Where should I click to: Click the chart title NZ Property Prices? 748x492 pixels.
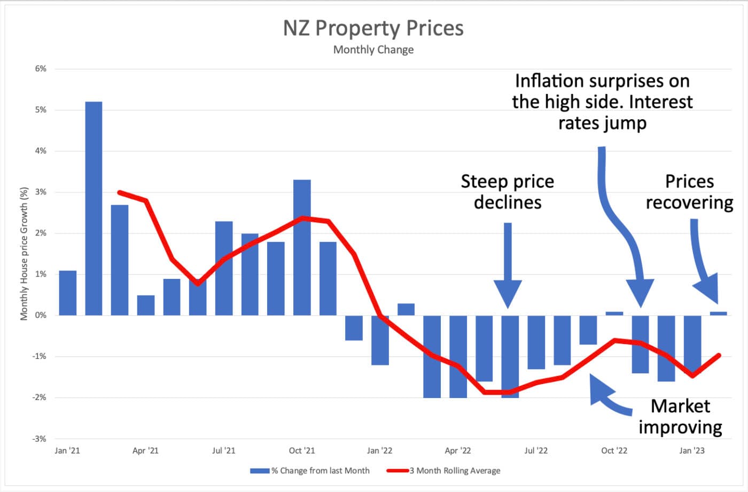point(373,28)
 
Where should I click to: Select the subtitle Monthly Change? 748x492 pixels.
point(373,50)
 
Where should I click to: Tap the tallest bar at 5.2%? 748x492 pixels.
point(93,208)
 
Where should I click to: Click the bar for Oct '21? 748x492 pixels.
point(302,247)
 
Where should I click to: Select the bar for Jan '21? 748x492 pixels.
point(67,293)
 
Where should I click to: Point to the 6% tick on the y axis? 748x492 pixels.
point(41,69)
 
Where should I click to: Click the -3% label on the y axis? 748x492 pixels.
point(40,439)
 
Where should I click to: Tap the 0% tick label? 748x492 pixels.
point(41,315)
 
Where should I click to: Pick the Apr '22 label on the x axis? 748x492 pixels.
point(458,450)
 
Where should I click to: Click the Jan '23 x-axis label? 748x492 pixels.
point(692,450)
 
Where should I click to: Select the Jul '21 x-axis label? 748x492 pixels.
point(223,450)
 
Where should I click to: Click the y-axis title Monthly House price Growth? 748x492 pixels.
point(24,254)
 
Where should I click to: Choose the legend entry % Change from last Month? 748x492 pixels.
point(320,471)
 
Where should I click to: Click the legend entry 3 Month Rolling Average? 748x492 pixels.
point(455,471)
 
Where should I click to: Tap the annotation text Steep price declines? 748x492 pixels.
point(508,192)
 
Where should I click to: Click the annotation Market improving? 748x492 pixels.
point(680,417)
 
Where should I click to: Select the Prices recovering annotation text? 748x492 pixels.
point(689,192)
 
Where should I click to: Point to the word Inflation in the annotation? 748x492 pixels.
point(549,81)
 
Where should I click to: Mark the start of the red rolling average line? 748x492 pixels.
point(119,192)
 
